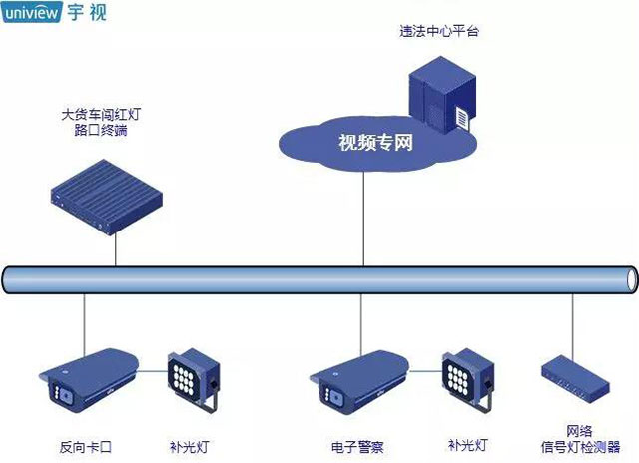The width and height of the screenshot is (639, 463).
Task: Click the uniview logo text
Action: pyautogui.click(x=34, y=14)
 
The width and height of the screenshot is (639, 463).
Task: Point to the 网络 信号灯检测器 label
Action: pyautogui.click(x=580, y=438)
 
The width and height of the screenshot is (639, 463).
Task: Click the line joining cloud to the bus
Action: pyautogui.click(x=363, y=215)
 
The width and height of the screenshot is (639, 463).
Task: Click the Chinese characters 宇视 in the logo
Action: pyautogui.click(x=88, y=14)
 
